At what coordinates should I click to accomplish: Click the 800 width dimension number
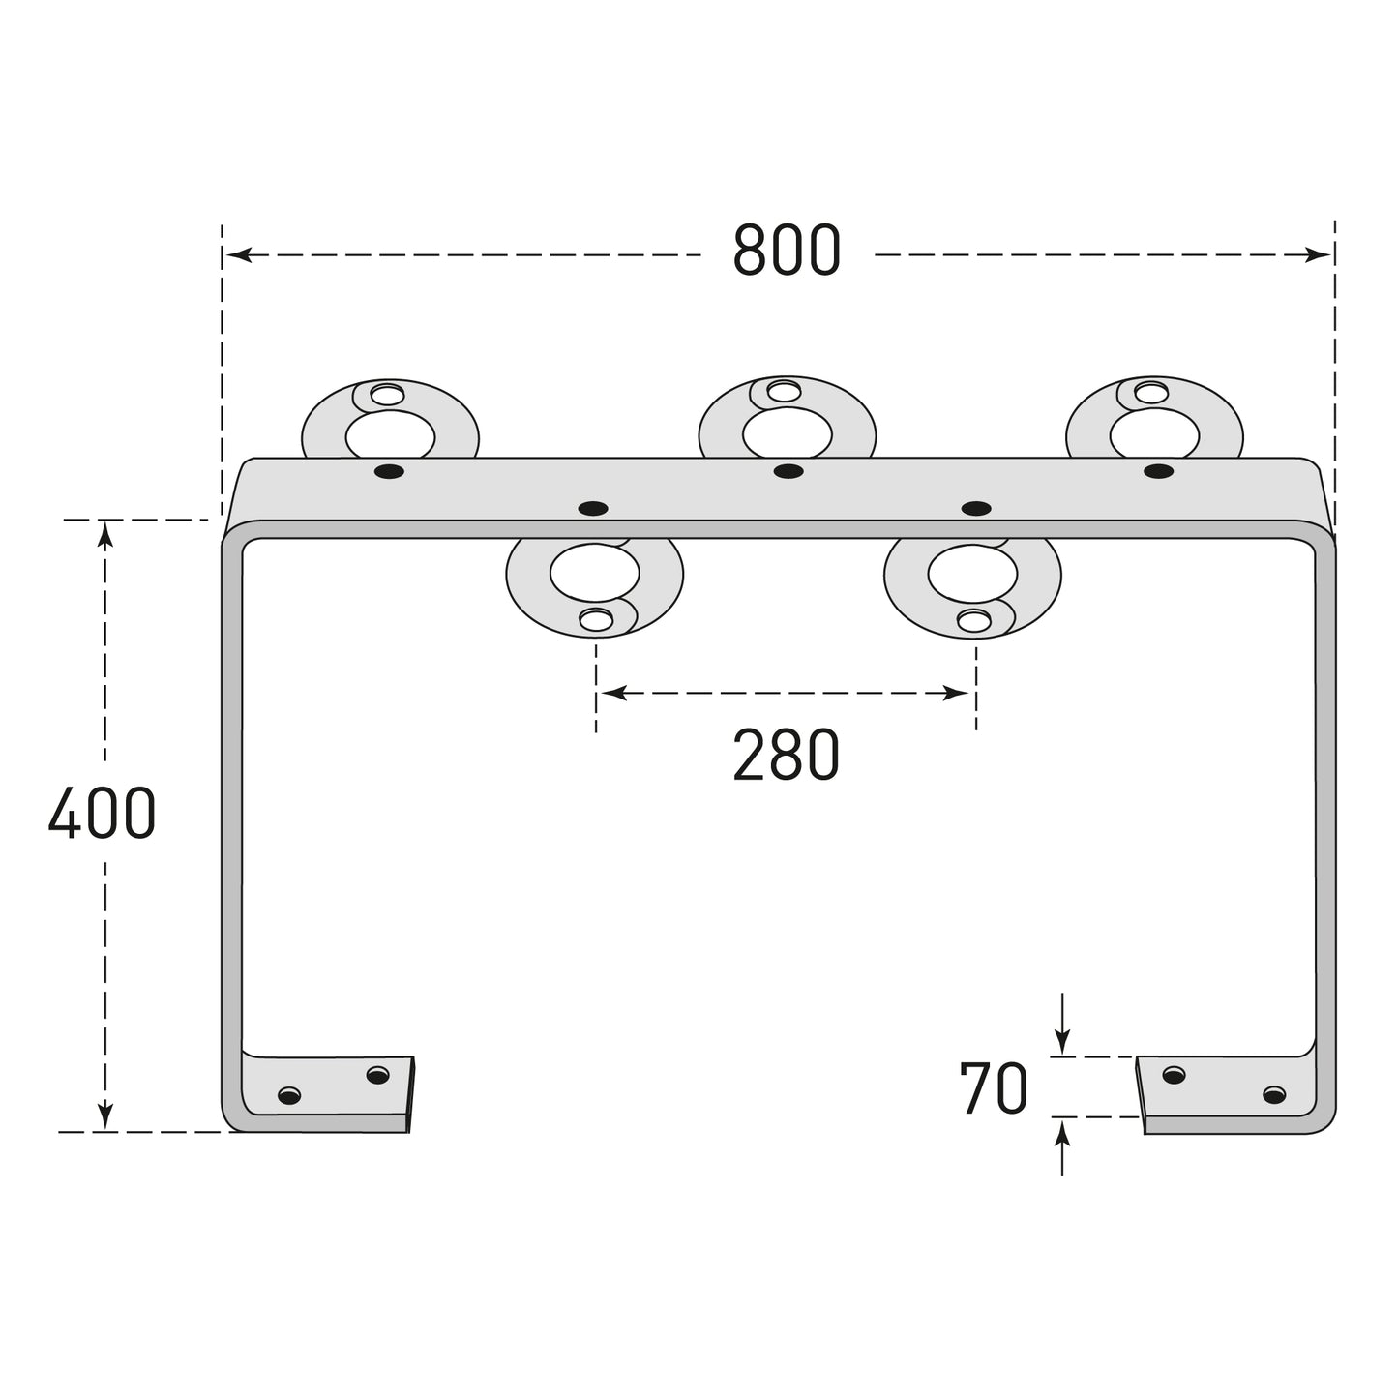(x=787, y=250)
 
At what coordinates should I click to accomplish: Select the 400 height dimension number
(x=103, y=814)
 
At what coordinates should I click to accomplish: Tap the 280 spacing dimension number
(x=787, y=755)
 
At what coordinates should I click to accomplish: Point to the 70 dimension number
(x=994, y=1087)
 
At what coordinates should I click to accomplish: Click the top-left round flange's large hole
(x=390, y=436)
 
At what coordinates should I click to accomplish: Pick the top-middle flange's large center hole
(x=788, y=433)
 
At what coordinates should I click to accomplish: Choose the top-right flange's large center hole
(x=1155, y=434)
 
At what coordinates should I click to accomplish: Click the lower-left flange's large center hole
(x=595, y=573)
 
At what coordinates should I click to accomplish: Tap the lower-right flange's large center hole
(x=972, y=573)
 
